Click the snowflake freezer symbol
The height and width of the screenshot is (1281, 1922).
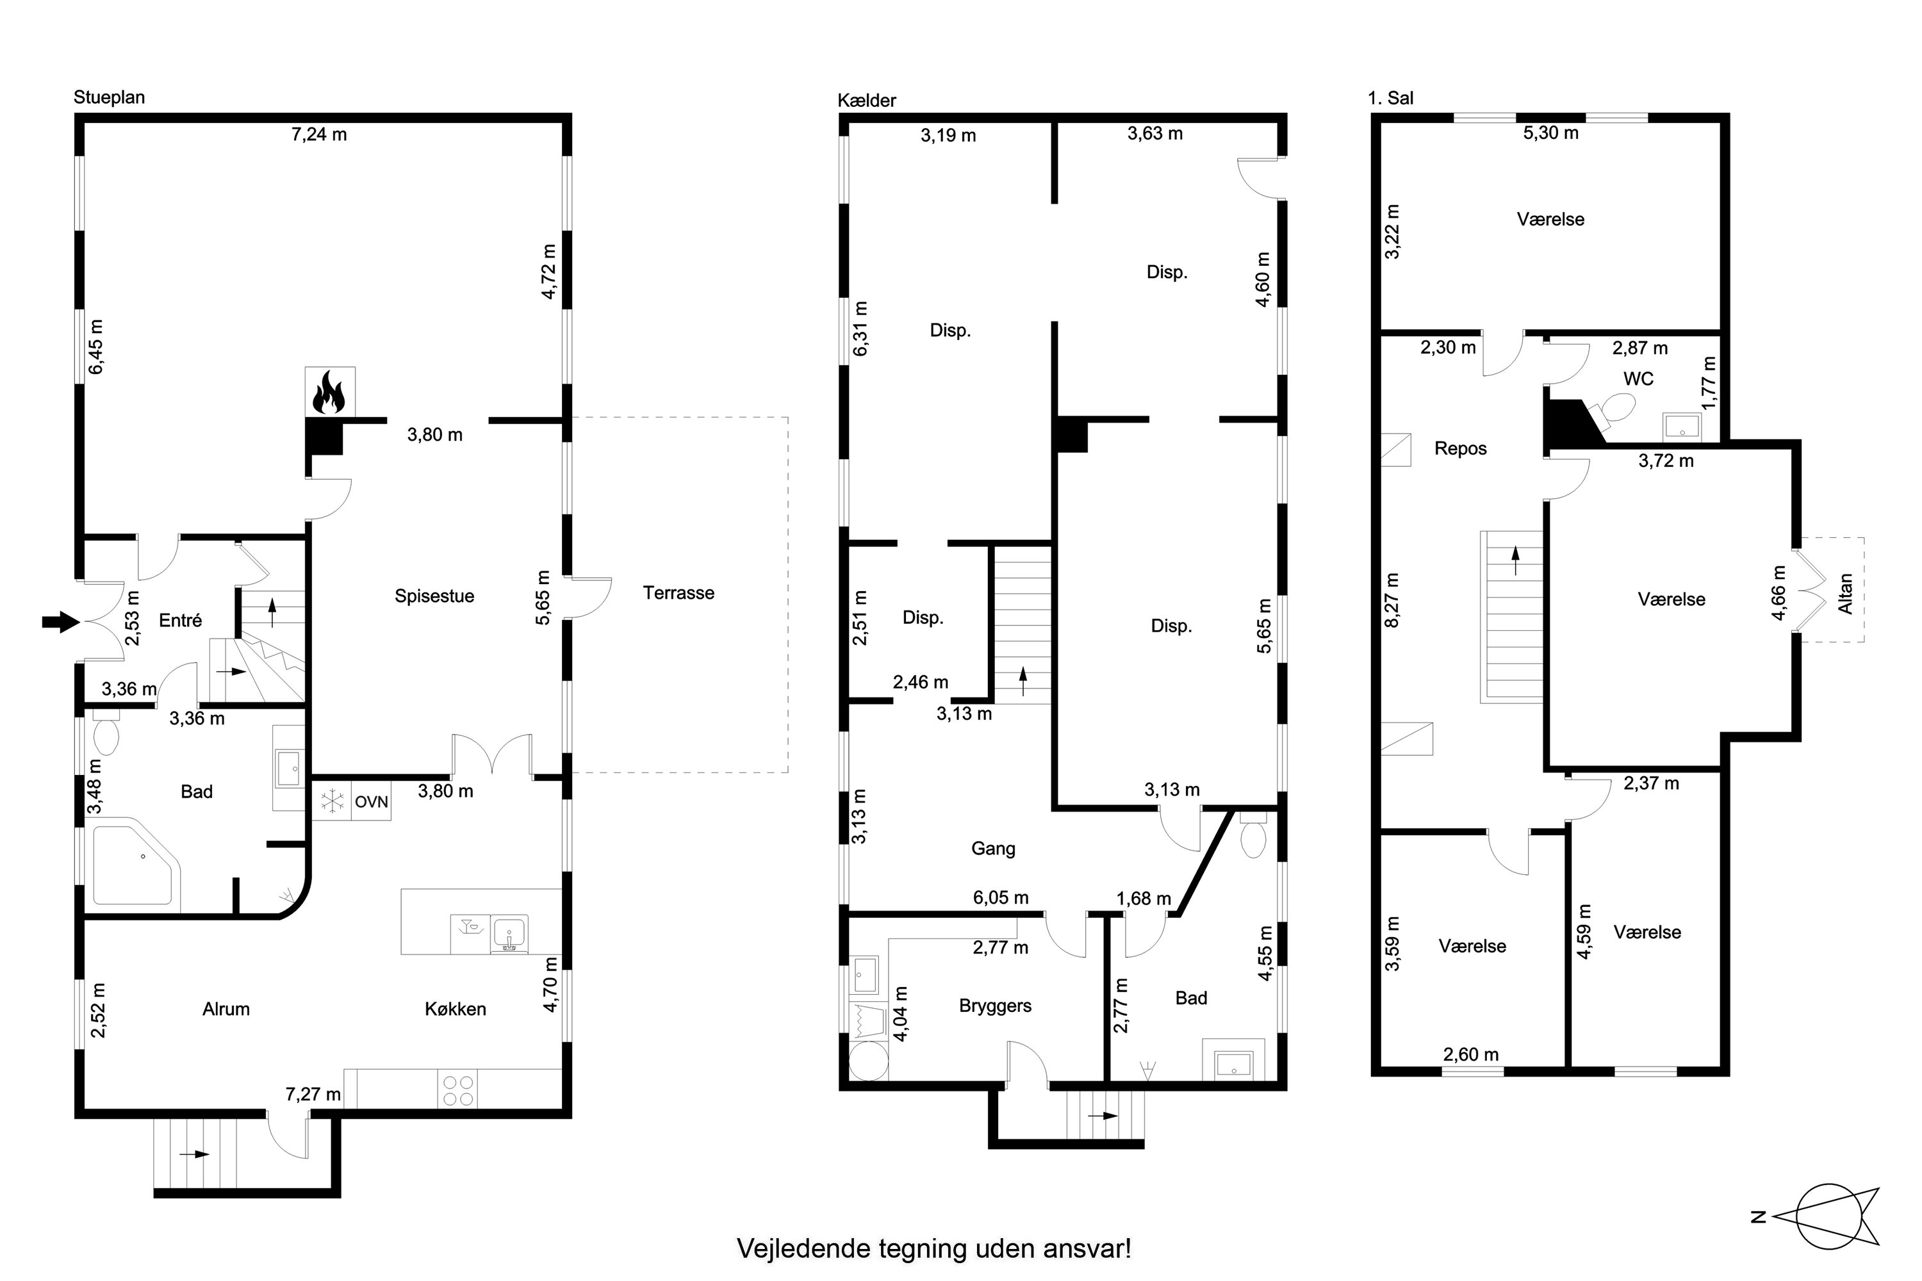tap(332, 801)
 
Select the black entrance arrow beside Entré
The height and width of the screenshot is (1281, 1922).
tap(60, 623)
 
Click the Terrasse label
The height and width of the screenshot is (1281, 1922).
tap(678, 593)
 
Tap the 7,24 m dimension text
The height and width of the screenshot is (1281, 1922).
tap(318, 135)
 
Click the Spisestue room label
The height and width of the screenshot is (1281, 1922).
tap(434, 596)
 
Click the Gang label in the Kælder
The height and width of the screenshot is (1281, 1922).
tap(993, 849)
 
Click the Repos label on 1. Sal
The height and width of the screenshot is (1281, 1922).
tap(1460, 448)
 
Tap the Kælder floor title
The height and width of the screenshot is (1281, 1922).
tap(866, 101)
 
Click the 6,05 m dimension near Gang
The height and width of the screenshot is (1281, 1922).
tap(1000, 898)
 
